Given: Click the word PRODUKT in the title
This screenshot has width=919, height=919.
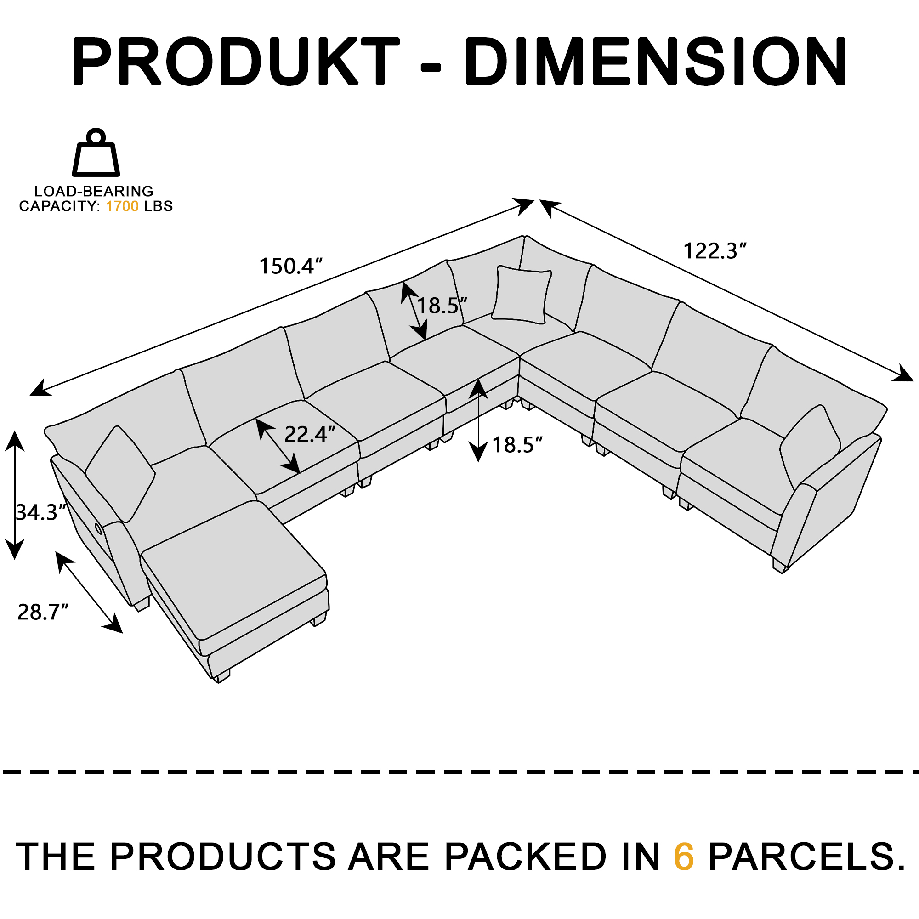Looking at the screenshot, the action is click(x=235, y=62).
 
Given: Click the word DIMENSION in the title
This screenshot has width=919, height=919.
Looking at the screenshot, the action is click(x=656, y=62).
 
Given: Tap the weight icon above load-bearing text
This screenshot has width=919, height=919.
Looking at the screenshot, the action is click(x=96, y=153).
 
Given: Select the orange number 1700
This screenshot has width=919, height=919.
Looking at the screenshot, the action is click(x=122, y=206).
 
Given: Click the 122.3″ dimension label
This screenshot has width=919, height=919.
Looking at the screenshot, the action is click(x=715, y=251).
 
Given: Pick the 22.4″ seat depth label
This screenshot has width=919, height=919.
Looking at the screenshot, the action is click(x=310, y=434).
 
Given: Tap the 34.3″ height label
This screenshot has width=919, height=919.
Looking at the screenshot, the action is click(x=41, y=512).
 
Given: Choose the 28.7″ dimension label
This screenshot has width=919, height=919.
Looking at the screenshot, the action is click(x=43, y=612).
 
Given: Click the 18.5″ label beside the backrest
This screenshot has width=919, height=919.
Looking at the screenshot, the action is click(x=442, y=306).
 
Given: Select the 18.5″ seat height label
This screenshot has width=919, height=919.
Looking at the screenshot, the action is click(x=517, y=445).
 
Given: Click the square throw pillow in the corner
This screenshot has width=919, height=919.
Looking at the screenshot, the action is click(x=522, y=295).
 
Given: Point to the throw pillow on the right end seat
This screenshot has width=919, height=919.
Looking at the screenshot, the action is click(x=810, y=446).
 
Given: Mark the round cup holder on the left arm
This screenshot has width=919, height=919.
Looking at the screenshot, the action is click(x=97, y=528).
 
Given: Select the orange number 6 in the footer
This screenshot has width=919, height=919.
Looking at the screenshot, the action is click(x=684, y=857).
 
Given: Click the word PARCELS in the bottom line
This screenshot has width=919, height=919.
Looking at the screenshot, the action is click(x=807, y=857).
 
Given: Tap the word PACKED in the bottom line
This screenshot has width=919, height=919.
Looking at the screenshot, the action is click(x=525, y=857).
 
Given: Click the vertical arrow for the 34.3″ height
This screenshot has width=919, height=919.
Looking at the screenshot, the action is click(x=15, y=495).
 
